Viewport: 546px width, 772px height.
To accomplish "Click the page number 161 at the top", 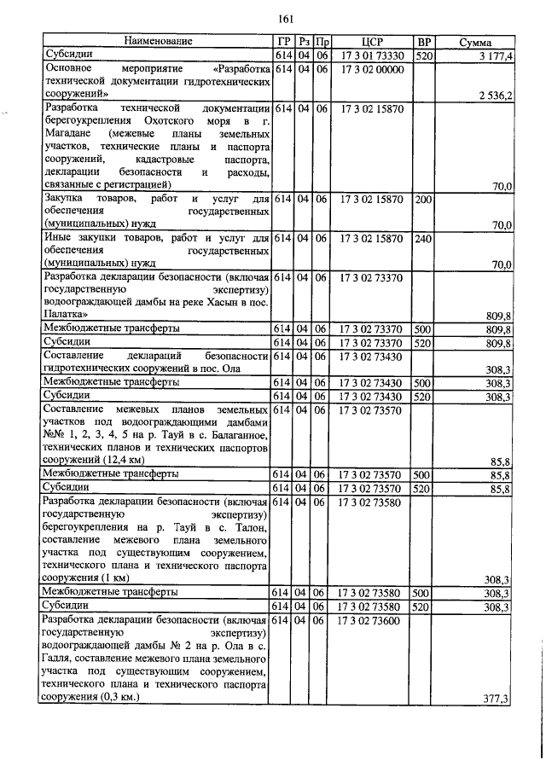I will (286, 20).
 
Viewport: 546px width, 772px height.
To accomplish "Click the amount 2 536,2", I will (494, 96).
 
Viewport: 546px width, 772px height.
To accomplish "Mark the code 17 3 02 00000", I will (372, 69).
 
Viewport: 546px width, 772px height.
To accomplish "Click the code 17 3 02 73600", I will (372, 620).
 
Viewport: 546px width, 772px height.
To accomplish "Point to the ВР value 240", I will (423, 239).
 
